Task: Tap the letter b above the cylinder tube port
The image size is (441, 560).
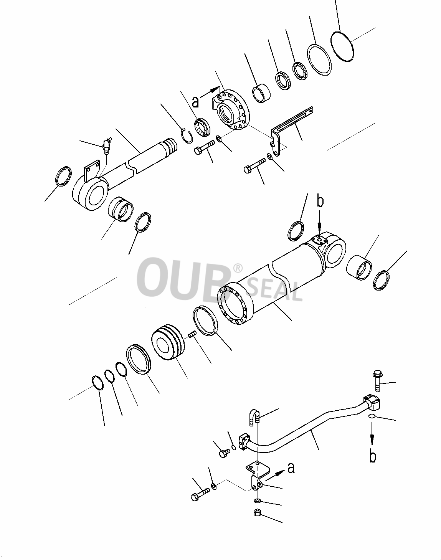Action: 320,202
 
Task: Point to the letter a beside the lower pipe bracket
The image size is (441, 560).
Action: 291,467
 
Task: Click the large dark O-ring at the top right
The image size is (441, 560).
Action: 342,46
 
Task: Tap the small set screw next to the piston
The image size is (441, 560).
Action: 192,334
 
